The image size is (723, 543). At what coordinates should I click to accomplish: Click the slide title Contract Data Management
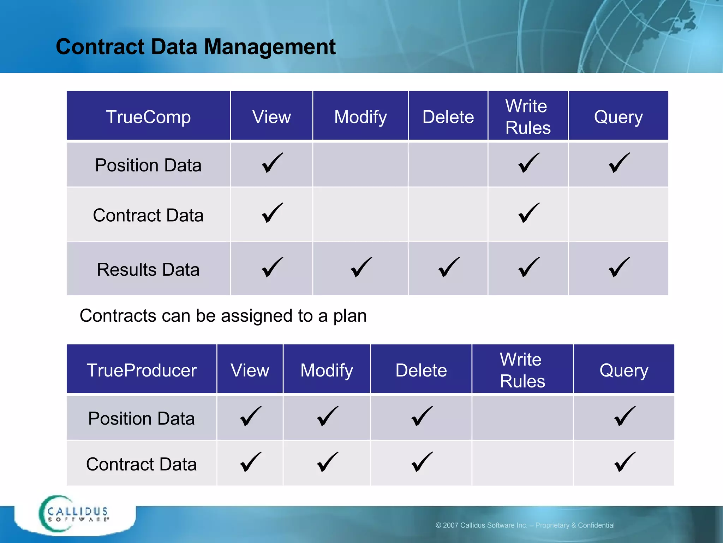coord(196,47)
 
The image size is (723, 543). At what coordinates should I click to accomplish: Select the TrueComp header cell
coord(148,117)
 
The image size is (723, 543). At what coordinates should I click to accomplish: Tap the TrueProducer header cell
coord(142,370)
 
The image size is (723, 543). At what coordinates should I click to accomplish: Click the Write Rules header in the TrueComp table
coord(528,117)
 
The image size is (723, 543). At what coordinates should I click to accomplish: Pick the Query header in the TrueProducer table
coord(624,370)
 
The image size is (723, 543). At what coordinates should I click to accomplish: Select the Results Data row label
coord(148,269)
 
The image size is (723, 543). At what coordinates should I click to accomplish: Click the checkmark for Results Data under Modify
coord(361,267)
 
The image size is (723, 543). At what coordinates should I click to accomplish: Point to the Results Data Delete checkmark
coord(449,267)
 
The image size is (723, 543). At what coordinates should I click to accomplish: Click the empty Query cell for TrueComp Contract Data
coord(618,215)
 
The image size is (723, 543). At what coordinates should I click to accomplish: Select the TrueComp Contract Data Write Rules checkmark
coord(529,213)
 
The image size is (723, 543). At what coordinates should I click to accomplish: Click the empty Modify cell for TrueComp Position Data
coord(360,164)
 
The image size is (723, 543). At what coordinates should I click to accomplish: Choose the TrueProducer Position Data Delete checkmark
coord(422,416)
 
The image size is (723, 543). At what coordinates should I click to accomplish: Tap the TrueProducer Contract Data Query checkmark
coord(625,462)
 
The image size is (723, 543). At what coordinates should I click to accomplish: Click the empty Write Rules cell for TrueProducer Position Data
coord(522,418)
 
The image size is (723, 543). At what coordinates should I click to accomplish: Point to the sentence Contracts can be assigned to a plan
coord(223,315)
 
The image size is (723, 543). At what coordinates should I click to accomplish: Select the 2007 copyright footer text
coord(525,525)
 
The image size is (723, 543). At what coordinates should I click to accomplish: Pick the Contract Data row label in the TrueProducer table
coord(142,464)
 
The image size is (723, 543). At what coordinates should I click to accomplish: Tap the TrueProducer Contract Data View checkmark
coord(251,462)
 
